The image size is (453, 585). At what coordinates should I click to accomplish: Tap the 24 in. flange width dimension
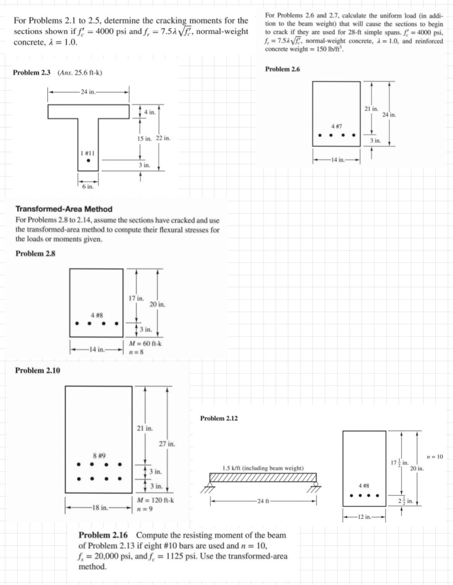[88, 92]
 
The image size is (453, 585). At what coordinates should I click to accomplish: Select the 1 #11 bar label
[87, 154]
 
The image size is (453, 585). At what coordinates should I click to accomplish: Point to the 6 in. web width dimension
[88, 186]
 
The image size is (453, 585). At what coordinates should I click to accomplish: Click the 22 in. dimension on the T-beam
[163, 138]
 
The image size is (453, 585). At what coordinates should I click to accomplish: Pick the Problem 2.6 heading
[282, 69]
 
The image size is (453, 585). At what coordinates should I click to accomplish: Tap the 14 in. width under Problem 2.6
[337, 159]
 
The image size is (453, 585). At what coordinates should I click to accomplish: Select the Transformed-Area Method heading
[64, 209]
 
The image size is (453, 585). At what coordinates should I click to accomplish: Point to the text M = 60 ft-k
[145, 344]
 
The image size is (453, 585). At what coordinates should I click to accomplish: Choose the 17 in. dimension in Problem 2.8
[136, 298]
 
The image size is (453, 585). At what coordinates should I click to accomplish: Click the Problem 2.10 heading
[38, 370]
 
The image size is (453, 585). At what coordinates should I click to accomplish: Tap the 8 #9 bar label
[99, 456]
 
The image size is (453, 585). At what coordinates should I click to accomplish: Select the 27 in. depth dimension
[167, 444]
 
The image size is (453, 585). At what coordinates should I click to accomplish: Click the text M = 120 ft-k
[155, 500]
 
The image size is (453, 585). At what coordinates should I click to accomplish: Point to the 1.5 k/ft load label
[263, 468]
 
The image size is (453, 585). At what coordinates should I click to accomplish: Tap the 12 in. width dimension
[364, 517]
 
